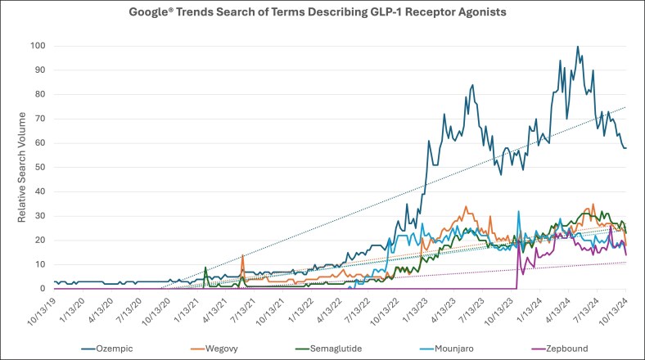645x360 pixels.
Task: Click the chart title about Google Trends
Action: click(x=318, y=12)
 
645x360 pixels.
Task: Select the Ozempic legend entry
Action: click(x=107, y=349)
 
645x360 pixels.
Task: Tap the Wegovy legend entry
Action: click(x=214, y=349)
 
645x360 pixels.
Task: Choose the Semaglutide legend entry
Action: click(x=329, y=349)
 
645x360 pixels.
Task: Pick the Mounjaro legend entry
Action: click(x=447, y=349)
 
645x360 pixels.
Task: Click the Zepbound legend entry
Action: click(x=560, y=349)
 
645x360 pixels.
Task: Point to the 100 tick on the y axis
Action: click(x=38, y=46)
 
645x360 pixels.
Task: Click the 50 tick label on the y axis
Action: click(x=40, y=167)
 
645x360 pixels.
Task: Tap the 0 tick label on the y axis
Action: click(x=43, y=289)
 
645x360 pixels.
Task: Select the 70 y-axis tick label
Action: click(x=40, y=119)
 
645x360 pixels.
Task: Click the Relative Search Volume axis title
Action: click(x=21, y=167)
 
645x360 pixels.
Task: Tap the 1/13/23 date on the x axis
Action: click(x=414, y=311)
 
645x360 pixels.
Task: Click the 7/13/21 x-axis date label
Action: click(x=243, y=311)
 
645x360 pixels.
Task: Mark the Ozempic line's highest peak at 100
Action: click(x=578, y=47)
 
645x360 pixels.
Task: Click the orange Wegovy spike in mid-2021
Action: click(x=243, y=255)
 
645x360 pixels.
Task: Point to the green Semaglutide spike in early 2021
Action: click(x=205, y=268)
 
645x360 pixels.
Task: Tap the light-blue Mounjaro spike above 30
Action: click(x=519, y=212)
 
